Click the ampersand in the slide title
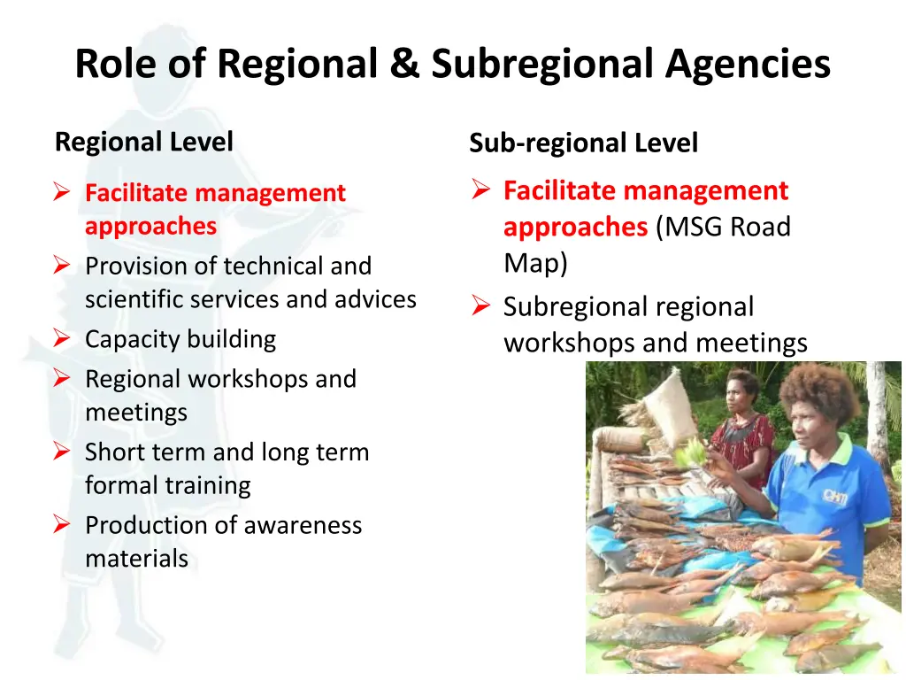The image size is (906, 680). click(405, 64)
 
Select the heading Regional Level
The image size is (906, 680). click(144, 142)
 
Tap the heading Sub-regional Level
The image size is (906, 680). click(583, 143)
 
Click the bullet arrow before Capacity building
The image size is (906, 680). click(61, 338)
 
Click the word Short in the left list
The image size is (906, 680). click(111, 452)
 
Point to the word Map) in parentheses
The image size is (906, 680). click(535, 263)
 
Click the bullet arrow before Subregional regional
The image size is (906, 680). click(480, 307)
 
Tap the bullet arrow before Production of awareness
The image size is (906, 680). click(61, 525)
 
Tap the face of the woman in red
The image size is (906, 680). click(739, 395)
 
